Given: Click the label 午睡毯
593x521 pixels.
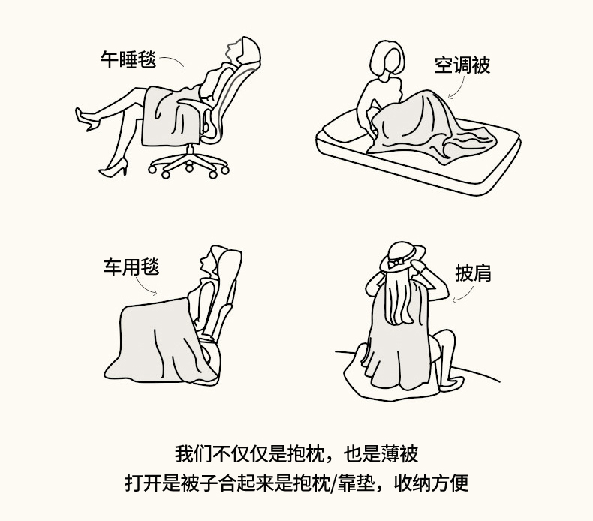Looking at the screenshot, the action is click(x=128, y=59).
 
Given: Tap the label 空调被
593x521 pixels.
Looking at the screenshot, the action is click(x=462, y=65).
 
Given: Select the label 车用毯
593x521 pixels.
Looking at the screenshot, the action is click(x=131, y=267).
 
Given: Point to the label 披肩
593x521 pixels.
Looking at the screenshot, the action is click(x=473, y=273).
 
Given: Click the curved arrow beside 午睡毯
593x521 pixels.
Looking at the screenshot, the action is click(x=175, y=59).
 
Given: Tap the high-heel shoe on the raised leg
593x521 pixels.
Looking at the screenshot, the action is click(x=86, y=119).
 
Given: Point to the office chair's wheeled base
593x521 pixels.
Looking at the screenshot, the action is click(x=188, y=163).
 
